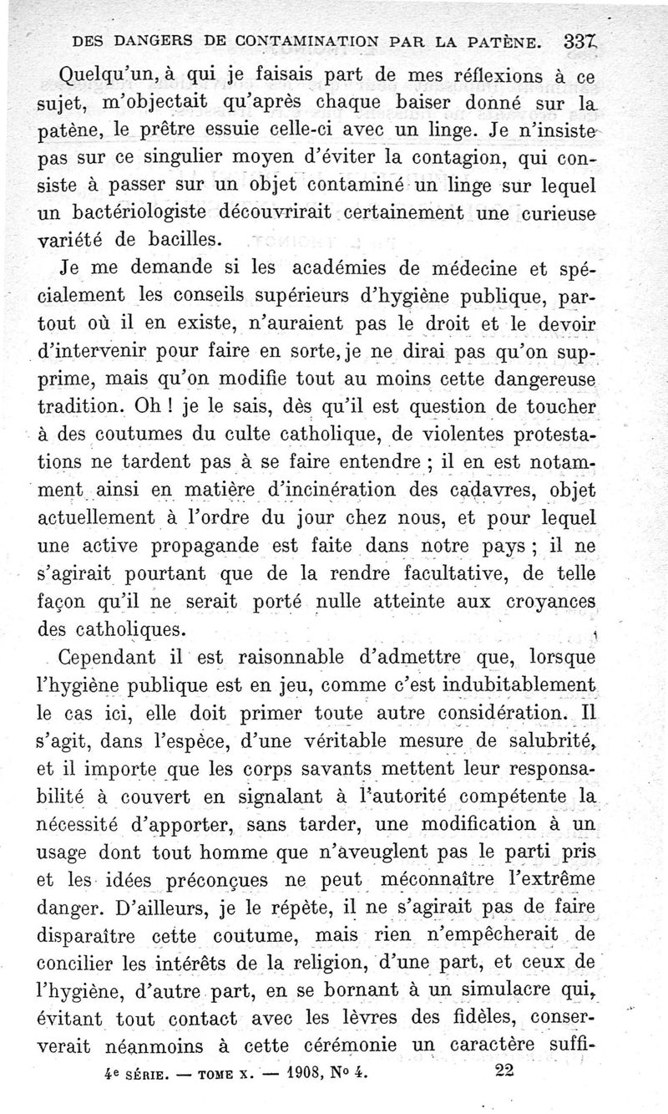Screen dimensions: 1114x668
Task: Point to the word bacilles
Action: click(189, 240)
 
